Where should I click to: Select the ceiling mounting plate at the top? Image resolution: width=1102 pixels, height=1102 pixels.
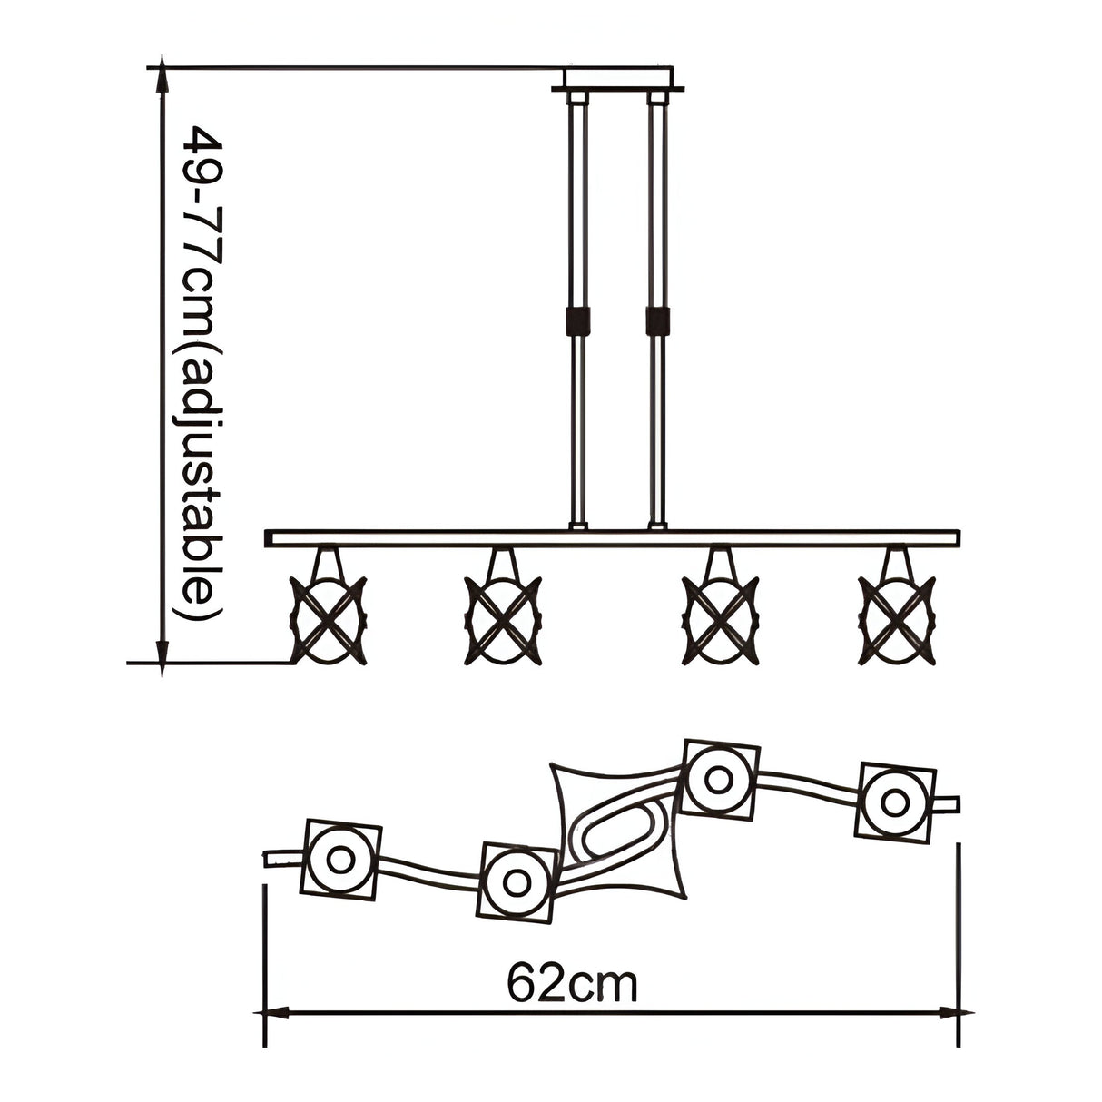617,80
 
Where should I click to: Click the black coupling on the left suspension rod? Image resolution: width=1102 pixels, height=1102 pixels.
577,322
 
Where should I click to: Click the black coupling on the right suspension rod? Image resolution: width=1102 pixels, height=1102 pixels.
657,322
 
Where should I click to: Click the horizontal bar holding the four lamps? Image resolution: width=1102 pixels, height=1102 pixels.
612,538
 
